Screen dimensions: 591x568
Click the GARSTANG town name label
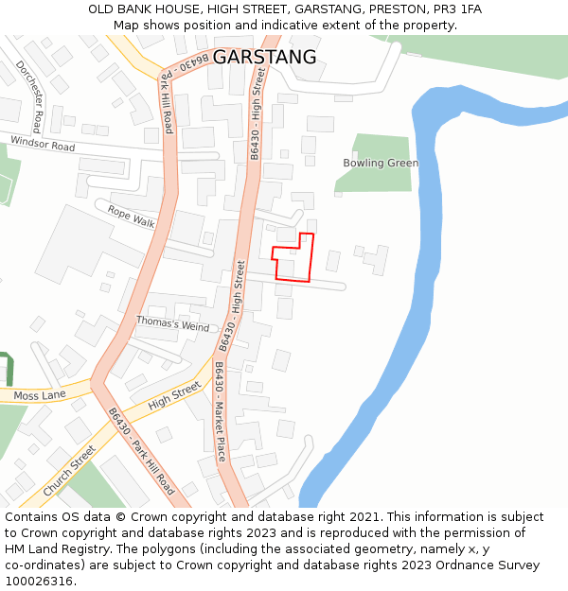pyautogui.click(x=264, y=58)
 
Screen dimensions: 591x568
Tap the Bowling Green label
pyautogui.click(x=381, y=164)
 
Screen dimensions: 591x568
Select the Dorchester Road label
pyautogui.click(x=29, y=96)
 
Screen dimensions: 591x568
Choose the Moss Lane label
pyautogui.click(x=40, y=395)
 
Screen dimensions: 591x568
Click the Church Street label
pyautogui.click(x=69, y=470)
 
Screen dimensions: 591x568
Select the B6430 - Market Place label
pyautogui.click(x=221, y=411)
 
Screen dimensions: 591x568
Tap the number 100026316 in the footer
pyautogui.click(x=41, y=582)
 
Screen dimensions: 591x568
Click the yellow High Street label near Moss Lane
pyautogui.click(x=174, y=395)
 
